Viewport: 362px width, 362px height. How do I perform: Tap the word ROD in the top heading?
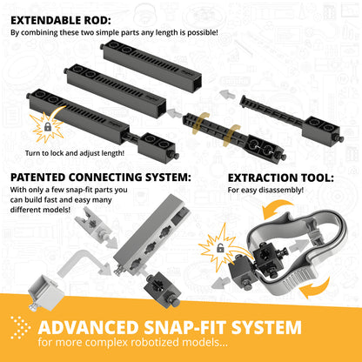click(99, 21)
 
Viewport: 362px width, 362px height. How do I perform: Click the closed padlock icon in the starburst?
click(47, 126)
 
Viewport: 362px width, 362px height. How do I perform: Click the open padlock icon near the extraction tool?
click(220, 247)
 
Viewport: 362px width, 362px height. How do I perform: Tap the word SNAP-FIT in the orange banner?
click(184, 327)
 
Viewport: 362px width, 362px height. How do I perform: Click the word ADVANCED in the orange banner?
click(88, 327)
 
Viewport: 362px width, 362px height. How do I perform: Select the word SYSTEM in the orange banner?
click(266, 327)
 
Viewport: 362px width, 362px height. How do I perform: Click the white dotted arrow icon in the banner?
click(20, 327)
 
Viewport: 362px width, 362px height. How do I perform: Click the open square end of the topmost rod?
click(197, 84)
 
